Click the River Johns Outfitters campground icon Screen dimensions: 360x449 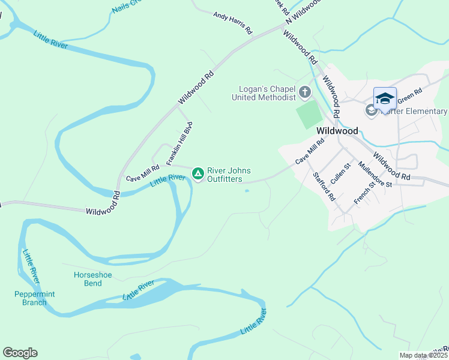[197, 174]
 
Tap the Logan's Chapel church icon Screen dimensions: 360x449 [305, 92]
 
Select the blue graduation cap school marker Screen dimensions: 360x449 [385, 98]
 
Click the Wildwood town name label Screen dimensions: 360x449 [337, 131]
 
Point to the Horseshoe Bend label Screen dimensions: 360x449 [92, 279]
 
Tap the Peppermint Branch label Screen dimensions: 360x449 [31, 298]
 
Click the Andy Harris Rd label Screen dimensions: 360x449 [233, 23]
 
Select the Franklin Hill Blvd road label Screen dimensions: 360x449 [180, 144]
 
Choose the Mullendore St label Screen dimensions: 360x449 [375, 174]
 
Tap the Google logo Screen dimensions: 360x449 [20, 353]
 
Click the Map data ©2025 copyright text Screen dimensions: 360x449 [424, 355]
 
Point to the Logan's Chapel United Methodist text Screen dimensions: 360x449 [264, 93]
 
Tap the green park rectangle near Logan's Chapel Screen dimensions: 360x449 [309, 114]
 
